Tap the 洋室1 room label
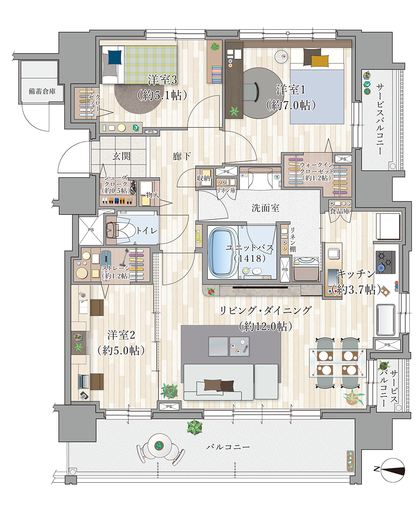pyautogui.click(x=291, y=89)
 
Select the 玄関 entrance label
pyautogui.click(x=121, y=156)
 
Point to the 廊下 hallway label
pyautogui.click(x=182, y=156)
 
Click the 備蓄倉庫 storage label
pyautogui.click(x=42, y=92)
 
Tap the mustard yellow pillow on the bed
pyautogui.click(x=319, y=61)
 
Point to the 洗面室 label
pyautogui.click(x=265, y=208)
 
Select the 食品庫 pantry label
pyautogui.click(x=340, y=211)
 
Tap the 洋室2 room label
pyautogui.click(x=121, y=335)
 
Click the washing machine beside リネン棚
pyautogui.click(x=306, y=269)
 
